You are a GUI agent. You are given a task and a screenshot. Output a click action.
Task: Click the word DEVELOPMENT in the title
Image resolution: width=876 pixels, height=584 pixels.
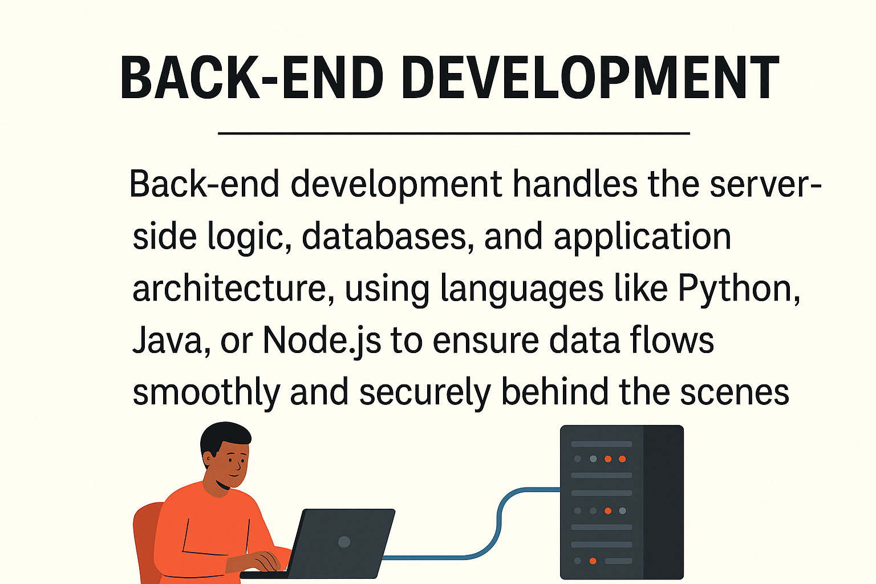click(x=590, y=78)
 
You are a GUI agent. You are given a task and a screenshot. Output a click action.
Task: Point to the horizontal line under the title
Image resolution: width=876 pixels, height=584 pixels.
click(x=454, y=133)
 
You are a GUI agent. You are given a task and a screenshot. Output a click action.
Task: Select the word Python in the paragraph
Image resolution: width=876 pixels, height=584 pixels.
click(x=738, y=289)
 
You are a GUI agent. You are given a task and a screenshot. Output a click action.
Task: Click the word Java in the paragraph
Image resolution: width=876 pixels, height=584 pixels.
click(x=167, y=340)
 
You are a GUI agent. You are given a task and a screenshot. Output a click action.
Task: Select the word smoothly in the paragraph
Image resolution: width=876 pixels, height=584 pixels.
click(x=206, y=392)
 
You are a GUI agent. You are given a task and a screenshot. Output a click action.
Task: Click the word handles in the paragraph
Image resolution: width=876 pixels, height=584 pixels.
click(x=574, y=184)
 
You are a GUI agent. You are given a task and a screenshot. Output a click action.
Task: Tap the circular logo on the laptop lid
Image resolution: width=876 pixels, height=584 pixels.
click(x=344, y=541)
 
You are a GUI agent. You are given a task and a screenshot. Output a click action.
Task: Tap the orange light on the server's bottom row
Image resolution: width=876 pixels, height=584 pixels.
click(x=593, y=561)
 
